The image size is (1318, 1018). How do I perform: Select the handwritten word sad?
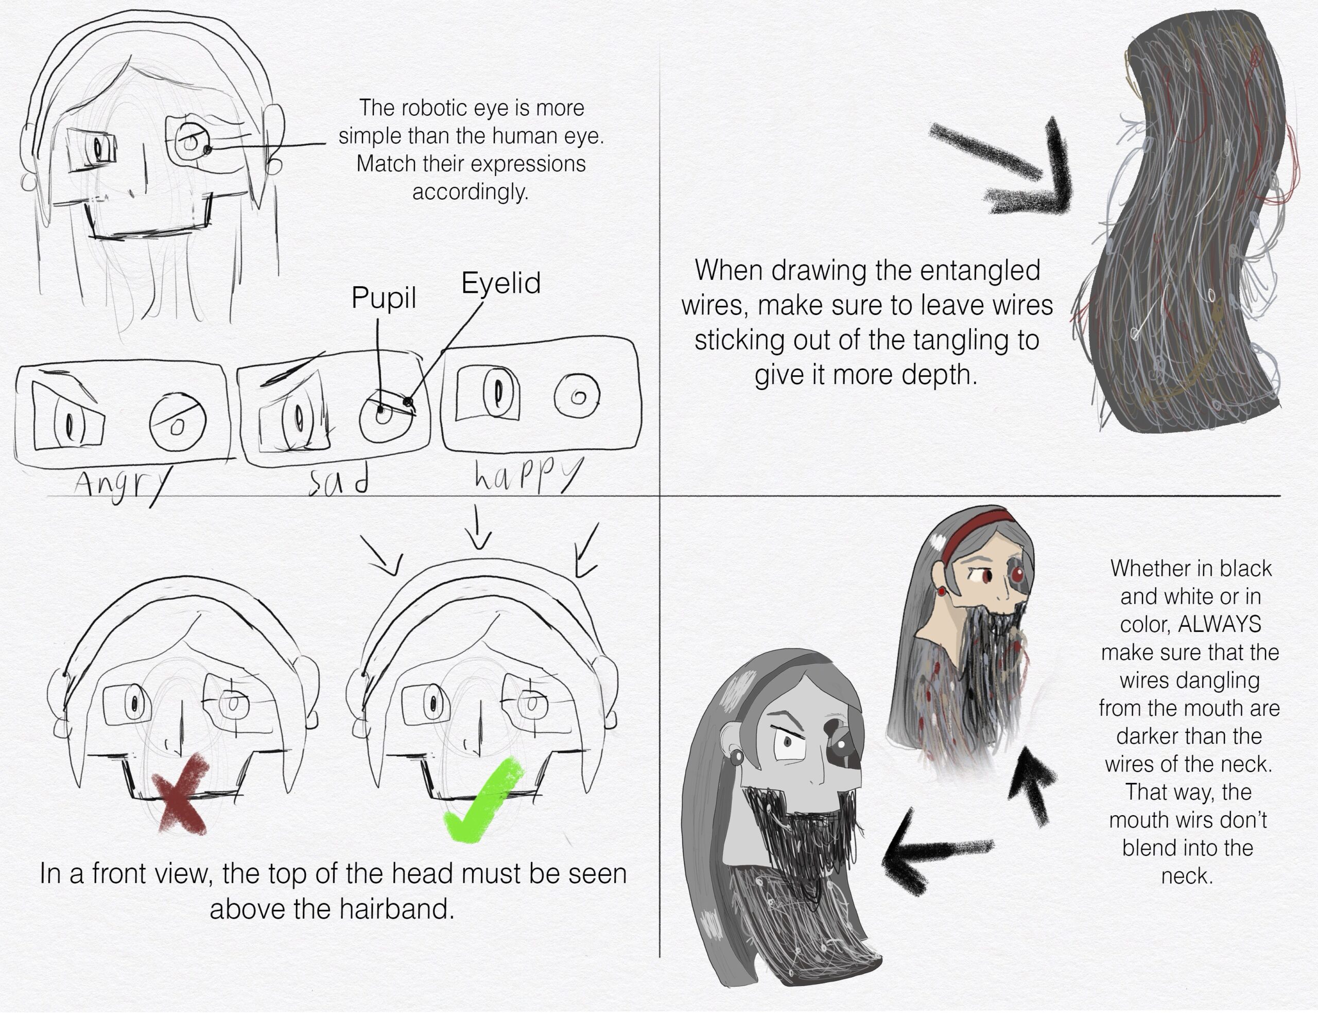(x=338, y=481)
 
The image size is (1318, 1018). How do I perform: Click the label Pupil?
(x=384, y=297)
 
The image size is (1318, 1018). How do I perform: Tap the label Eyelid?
(x=501, y=283)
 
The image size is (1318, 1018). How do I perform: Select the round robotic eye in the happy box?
(x=577, y=396)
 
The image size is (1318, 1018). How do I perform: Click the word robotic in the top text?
(x=435, y=108)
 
